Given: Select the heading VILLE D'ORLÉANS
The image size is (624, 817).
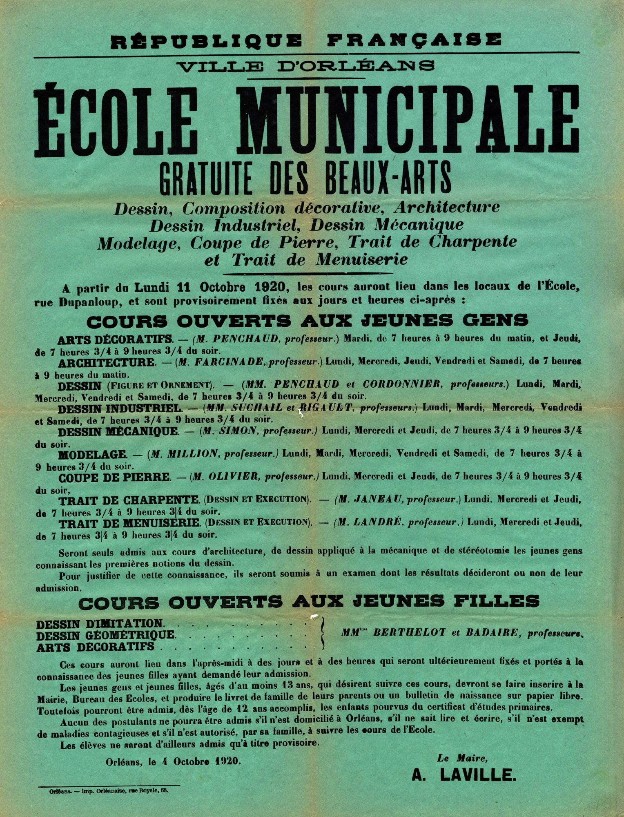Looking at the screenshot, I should pos(307,65).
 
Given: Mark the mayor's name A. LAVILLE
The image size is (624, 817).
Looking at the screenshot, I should pos(464,775).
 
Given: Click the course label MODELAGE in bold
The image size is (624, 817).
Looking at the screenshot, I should pos(92,454).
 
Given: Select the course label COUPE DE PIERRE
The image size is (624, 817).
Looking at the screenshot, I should pos(114,477).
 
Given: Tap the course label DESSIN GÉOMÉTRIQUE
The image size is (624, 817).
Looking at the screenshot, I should pos(106,635).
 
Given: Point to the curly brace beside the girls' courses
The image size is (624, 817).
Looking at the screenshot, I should pos(323,634).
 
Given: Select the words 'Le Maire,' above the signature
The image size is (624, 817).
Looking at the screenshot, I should pos(462,759).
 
